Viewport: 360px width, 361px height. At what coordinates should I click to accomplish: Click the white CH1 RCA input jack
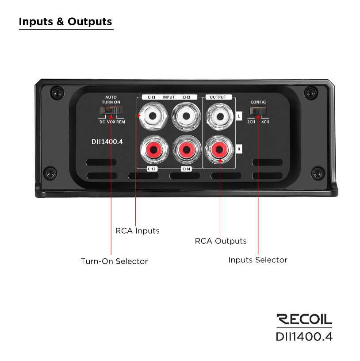pos(153,116)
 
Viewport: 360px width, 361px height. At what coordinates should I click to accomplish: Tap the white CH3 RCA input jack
pos(186,116)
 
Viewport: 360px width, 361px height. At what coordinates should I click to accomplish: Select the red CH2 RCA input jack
pos(154,150)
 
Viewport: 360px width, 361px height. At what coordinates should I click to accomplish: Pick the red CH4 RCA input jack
pos(187,150)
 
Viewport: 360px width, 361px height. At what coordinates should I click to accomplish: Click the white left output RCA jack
pos(220,116)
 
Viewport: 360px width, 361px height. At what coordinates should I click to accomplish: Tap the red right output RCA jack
pos(219,150)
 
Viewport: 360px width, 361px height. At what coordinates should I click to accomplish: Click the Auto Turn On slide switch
pos(111,111)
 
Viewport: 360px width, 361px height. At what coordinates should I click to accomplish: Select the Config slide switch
pos(258,111)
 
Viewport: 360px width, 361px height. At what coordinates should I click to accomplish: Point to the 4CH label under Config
pos(265,122)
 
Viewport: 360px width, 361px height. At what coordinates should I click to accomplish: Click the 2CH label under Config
pos(251,122)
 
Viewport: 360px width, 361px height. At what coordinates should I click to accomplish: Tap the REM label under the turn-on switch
pos(121,122)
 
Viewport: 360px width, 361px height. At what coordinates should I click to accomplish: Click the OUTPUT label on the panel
pos(218,97)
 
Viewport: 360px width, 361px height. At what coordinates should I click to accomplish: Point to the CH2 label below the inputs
pos(152,169)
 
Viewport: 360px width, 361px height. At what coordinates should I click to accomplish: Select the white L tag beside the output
pos(239,116)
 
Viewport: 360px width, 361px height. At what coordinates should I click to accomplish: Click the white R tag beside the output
pos(239,149)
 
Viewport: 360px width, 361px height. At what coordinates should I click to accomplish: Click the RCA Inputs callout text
pos(138,230)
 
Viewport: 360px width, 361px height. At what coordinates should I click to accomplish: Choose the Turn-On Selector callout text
pos(114,261)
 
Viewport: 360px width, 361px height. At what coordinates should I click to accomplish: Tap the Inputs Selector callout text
pos(258,260)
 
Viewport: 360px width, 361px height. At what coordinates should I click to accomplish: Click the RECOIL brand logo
pos(304,319)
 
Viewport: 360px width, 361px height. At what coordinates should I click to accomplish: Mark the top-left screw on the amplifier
pos(57,93)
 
